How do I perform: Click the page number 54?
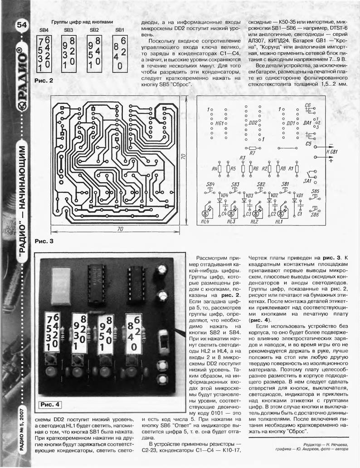point(21,25)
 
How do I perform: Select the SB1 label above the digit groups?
point(119,30)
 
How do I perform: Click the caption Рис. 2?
point(44,80)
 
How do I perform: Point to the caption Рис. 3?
point(44,241)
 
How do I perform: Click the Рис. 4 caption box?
point(50,405)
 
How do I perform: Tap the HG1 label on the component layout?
point(219,123)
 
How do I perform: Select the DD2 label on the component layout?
point(253,123)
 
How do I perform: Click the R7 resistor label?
point(252,153)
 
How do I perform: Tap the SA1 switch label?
point(307,181)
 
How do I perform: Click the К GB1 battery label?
point(332,152)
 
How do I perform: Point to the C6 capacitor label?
point(308,105)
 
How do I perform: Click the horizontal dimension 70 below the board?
point(120,229)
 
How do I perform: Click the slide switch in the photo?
point(163,341)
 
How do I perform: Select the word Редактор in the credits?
point(312,444)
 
